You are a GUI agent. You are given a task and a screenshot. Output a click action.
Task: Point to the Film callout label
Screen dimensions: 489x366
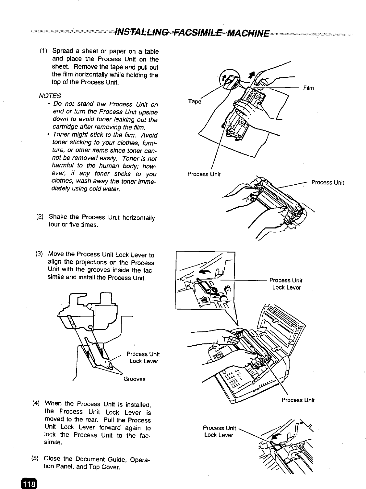308,88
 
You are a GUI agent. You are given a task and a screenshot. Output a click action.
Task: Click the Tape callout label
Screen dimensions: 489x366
194,101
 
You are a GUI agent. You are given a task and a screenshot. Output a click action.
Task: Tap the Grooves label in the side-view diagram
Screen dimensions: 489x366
134,379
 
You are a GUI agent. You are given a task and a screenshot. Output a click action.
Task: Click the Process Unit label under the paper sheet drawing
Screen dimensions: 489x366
204,174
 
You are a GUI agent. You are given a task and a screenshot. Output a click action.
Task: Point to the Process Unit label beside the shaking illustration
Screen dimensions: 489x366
327,183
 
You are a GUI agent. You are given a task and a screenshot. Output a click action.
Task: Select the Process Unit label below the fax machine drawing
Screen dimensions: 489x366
298,400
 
